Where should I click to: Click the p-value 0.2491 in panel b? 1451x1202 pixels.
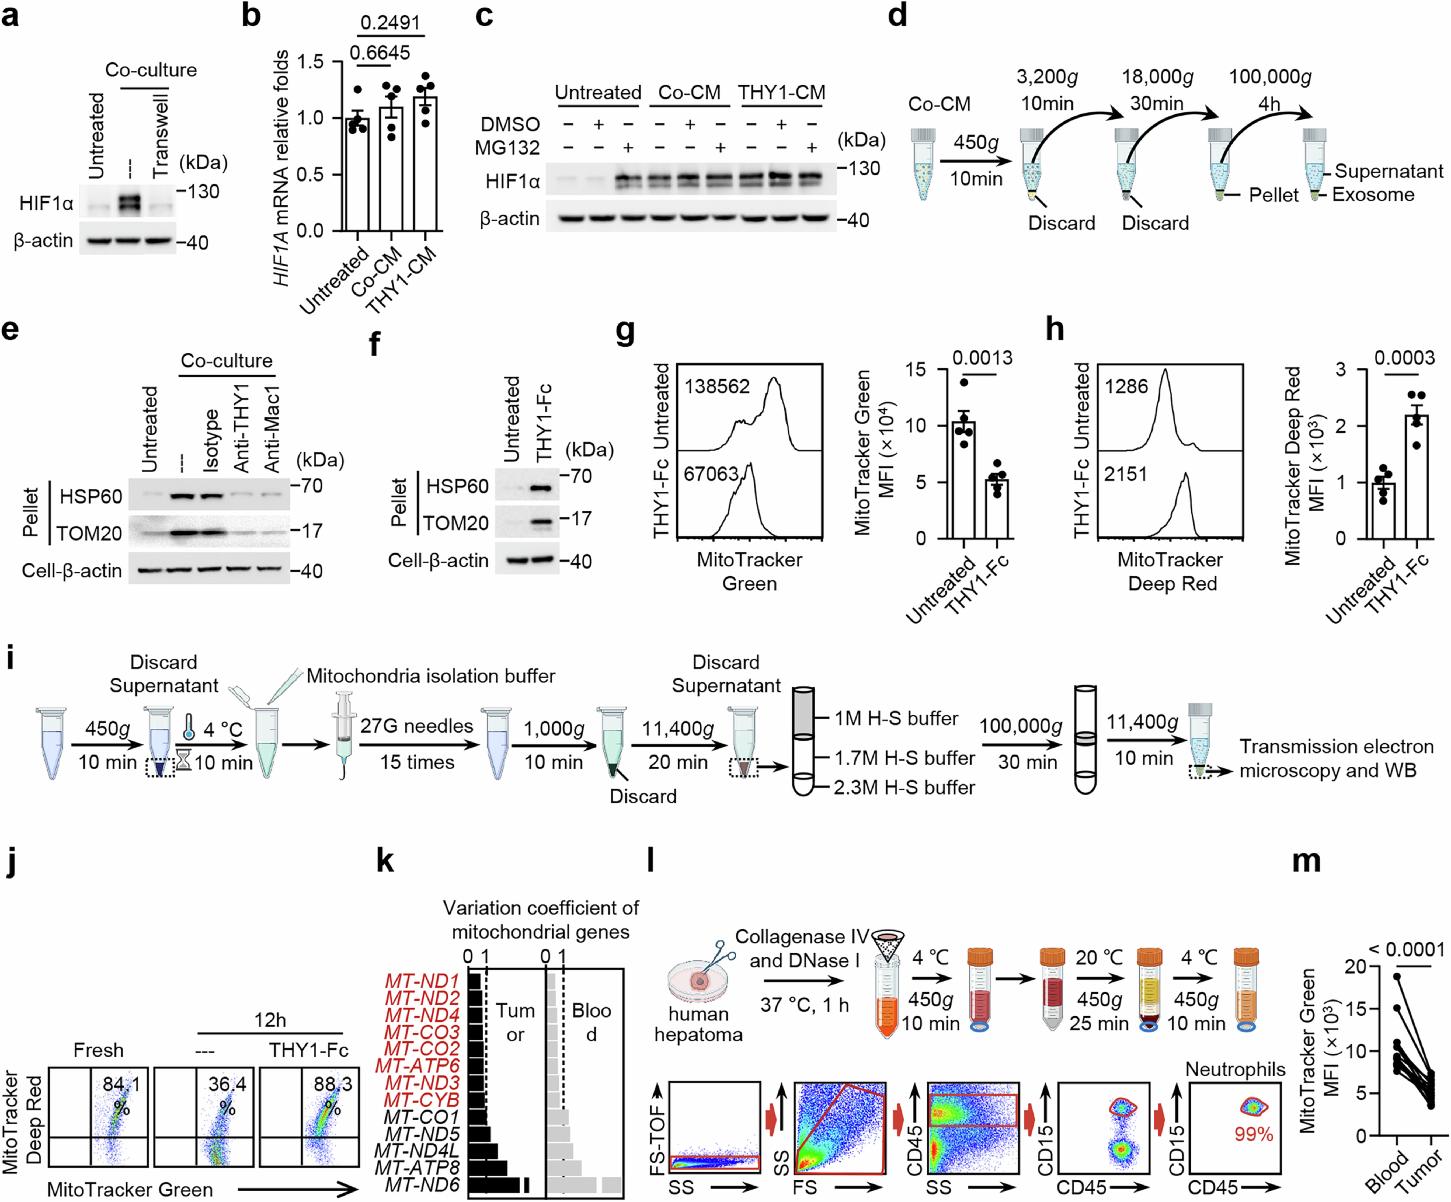[390, 23]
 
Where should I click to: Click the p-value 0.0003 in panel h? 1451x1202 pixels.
[1404, 358]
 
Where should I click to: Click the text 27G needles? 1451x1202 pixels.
[417, 726]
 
